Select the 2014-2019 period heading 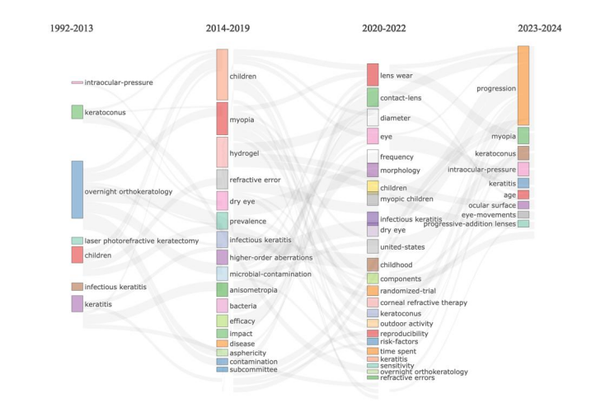pyautogui.click(x=228, y=29)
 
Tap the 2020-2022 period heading pyautogui.click(x=383, y=29)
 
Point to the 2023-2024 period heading pyautogui.click(x=539, y=29)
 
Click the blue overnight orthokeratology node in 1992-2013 pyautogui.click(x=77, y=190)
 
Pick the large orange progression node pyautogui.click(x=523, y=86)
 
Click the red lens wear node pyautogui.click(x=373, y=75)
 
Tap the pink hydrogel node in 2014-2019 pyautogui.click(x=222, y=152)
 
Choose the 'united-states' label pyautogui.click(x=403, y=246)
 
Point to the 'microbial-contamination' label pyautogui.click(x=270, y=274)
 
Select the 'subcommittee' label pyautogui.click(x=254, y=369)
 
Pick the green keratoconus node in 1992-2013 pyautogui.click(x=77, y=112)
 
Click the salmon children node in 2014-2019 pyautogui.click(x=222, y=75)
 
